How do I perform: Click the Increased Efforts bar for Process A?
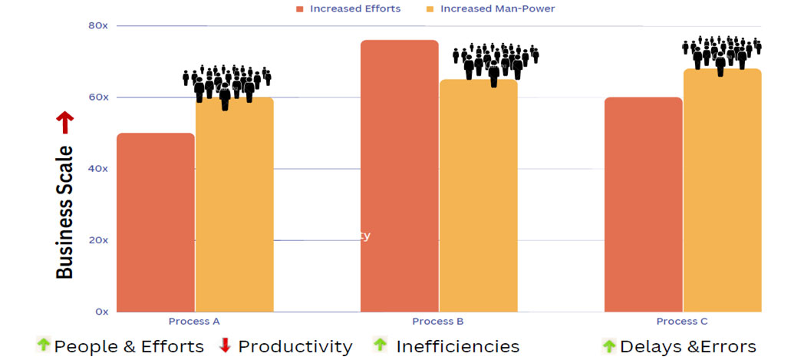[156, 222]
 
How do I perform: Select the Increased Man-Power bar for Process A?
[234, 204]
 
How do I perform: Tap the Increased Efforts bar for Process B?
[399, 176]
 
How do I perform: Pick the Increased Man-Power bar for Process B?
[478, 195]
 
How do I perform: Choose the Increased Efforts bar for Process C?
[643, 204]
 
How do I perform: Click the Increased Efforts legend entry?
[349, 8]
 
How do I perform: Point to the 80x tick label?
[98, 25]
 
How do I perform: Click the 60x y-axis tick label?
[98, 97]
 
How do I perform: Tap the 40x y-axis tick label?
[98, 168]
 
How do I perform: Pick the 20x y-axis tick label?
[98, 239]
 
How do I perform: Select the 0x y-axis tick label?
[101, 311]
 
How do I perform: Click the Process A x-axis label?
[195, 321]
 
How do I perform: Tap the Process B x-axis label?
[438, 321]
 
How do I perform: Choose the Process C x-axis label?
[682, 321]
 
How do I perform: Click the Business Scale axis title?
[65, 213]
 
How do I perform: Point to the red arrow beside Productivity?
[225, 345]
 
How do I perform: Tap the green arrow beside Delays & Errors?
[609, 346]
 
